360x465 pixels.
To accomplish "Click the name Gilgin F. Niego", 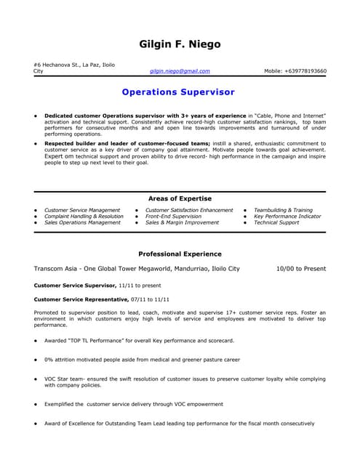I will point(180,44).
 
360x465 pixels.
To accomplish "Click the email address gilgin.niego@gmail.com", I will point(180,71).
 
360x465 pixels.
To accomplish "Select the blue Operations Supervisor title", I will point(179,92).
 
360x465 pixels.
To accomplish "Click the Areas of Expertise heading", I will point(180,198).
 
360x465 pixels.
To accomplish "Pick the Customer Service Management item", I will point(82,210).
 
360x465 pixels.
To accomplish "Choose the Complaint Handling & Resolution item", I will point(84,217).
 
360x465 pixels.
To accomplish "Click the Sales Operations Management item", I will point(82,223).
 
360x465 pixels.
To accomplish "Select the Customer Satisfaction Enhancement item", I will point(189,210).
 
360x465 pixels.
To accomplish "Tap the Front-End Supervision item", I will point(173,217).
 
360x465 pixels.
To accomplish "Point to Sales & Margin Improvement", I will point(182,223).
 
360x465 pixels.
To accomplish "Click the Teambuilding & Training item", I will point(283,210).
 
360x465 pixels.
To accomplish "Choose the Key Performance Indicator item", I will point(287,217).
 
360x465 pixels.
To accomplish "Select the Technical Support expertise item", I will point(276,223).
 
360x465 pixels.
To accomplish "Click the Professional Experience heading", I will point(180,254).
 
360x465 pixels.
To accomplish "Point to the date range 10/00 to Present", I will point(302,269).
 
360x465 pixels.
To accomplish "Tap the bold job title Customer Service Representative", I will point(81,299).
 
